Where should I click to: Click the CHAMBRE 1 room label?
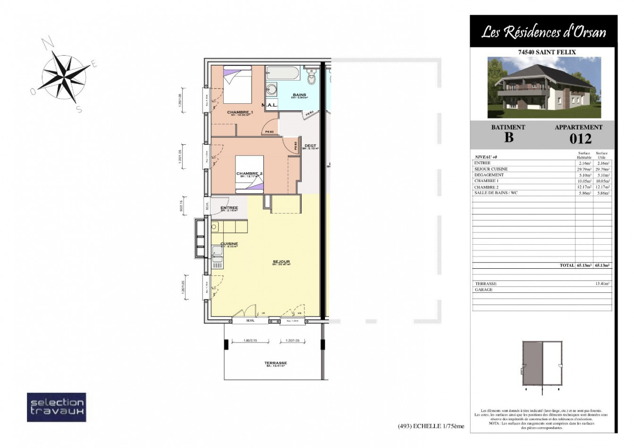pyautogui.click(x=240, y=113)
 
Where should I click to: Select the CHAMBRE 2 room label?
pyautogui.click(x=249, y=174)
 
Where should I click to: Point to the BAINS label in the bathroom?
pyautogui.click(x=299, y=95)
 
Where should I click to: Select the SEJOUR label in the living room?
pyautogui.click(x=281, y=262)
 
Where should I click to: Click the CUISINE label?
pyautogui.click(x=229, y=244)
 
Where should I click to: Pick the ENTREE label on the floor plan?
pyautogui.click(x=229, y=208)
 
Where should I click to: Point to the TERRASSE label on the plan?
pyautogui.click(x=276, y=363)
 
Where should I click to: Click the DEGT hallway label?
pyautogui.click(x=311, y=146)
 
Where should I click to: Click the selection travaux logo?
pyautogui.click(x=56, y=407)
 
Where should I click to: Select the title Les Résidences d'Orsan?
pyautogui.click(x=543, y=32)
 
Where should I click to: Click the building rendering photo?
pyautogui.click(x=544, y=87)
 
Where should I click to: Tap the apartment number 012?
pyautogui.click(x=580, y=139)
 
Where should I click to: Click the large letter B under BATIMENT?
pyautogui.click(x=508, y=138)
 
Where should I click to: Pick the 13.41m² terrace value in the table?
pyautogui.click(x=602, y=284)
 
